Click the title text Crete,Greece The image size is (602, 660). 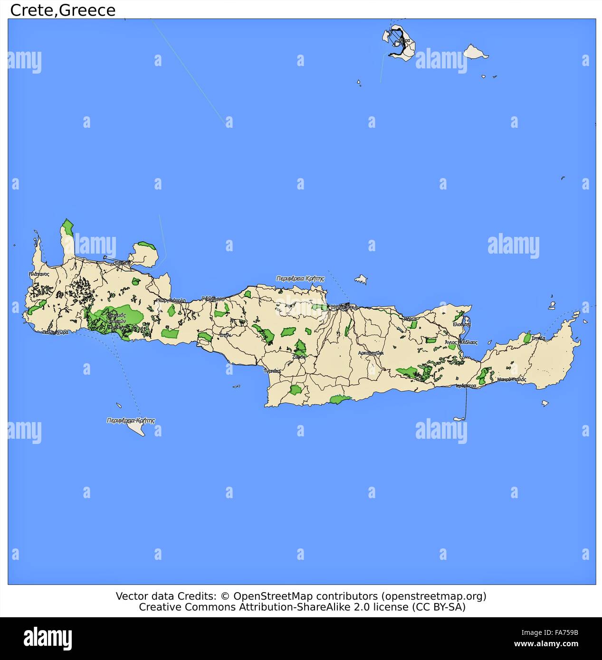click(63, 10)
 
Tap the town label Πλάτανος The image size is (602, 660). click(38, 274)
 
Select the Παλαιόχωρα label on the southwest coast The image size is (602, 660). click(55, 332)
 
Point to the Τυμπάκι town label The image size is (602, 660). click(272, 370)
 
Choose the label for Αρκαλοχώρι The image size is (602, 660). click(371, 353)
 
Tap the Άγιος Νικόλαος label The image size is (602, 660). click(461, 342)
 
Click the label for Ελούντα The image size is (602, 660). click(461, 325)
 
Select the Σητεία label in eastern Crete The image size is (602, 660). click(538, 339)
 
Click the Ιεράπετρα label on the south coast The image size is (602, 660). click(466, 386)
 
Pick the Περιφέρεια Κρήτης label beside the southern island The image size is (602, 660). click(131, 421)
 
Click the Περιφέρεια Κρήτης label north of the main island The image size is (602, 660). click(300, 279)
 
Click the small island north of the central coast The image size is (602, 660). click(362, 279)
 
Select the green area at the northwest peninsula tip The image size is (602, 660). click(68, 227)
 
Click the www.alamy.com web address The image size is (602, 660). click(546, 644)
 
